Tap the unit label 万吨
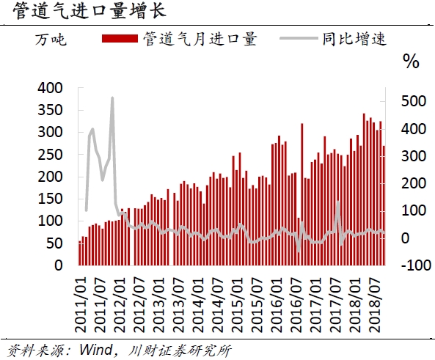click(x=51, y=39)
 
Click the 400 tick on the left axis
click(x=53, y=88)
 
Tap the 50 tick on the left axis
click(x=57, y=243)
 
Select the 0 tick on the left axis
click(x=62, y=265)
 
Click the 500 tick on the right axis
click(x=411, y=100)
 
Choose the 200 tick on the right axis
click(x=411, y=183)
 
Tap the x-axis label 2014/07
click(x=214, y=296)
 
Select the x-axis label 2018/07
click(x=376, y=296)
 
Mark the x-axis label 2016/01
click(x=275, y=296)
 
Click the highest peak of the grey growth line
click(x=112, y=98)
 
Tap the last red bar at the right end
click(x=384, y=205)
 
